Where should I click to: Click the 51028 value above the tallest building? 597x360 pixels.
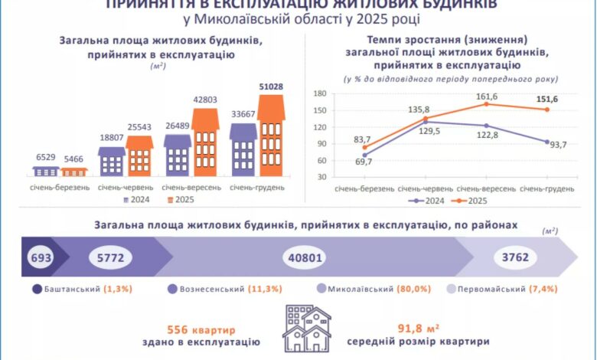click(271, 87)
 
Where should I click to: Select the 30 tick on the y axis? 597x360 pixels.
click(321, 177)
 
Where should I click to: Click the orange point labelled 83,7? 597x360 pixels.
click(364, 147)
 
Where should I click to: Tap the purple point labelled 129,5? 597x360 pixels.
click(425, 122)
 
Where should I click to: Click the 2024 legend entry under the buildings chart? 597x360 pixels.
click(138, 201)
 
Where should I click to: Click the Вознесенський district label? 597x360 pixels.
click(211, 290)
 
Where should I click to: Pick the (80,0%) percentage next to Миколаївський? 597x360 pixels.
click(414, 290)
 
